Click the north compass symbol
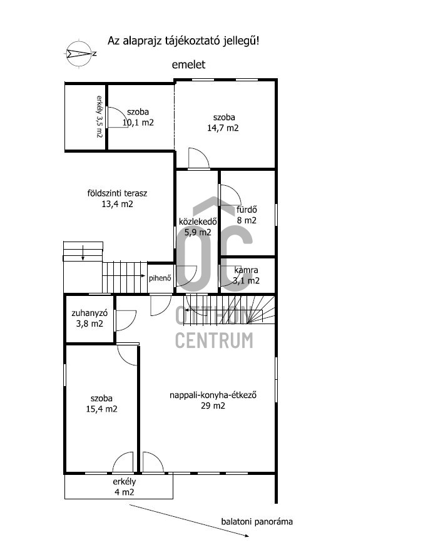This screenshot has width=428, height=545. (79, 54)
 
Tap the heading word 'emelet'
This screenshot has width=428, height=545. (188, 64)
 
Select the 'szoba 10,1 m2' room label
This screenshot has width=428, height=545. (138, 117)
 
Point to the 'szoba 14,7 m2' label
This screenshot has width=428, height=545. (223, 123)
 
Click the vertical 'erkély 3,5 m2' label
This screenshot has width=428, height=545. (99, 116)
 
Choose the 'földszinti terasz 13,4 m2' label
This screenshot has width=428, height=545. (117, 198)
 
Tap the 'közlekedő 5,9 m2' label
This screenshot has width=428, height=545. (198, 227)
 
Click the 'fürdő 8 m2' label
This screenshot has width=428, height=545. (247, 215)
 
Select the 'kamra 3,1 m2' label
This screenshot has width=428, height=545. (246, 275)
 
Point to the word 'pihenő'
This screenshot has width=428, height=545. (160, 278)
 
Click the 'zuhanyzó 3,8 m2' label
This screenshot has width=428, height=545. (89, 318)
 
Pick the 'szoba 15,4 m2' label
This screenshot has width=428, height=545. (101, 404)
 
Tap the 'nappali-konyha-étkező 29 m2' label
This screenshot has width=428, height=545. (213, 400)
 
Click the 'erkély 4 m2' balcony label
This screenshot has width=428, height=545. (124, 487)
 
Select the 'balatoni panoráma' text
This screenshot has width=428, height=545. (257, 521)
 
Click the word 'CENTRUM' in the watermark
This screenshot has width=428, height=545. (214, 340)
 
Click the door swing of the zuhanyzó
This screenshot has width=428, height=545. (130, 325)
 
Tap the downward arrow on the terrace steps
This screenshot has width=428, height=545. (83, 253)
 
